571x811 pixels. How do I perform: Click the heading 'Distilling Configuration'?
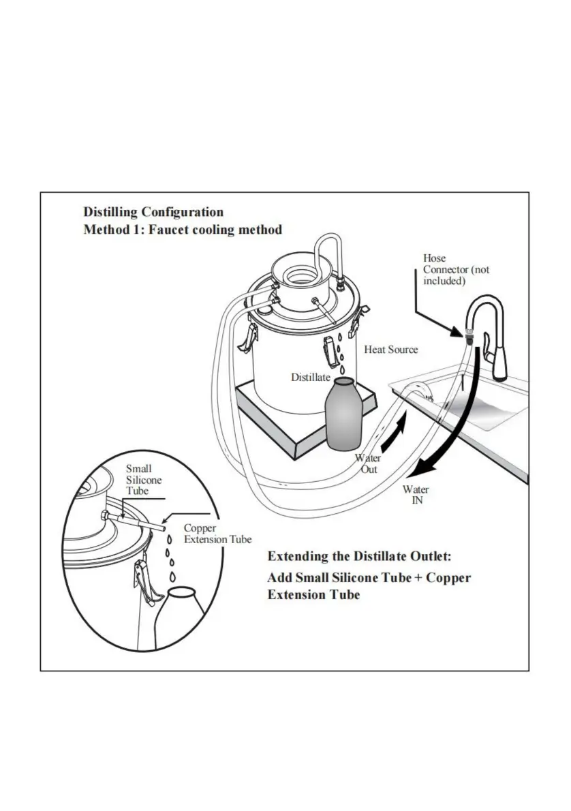coord(153,212)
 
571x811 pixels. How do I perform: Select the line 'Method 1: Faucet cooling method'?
coord(183,230)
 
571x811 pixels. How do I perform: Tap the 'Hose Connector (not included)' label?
coord(456,270)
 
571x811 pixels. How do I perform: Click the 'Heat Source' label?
coord(390,350)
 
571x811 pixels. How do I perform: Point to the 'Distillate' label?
coord(311,377)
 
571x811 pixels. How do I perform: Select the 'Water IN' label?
coord(416,495)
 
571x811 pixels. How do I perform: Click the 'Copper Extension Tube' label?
coord(217,534)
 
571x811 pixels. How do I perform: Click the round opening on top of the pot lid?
coord(298,275)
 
